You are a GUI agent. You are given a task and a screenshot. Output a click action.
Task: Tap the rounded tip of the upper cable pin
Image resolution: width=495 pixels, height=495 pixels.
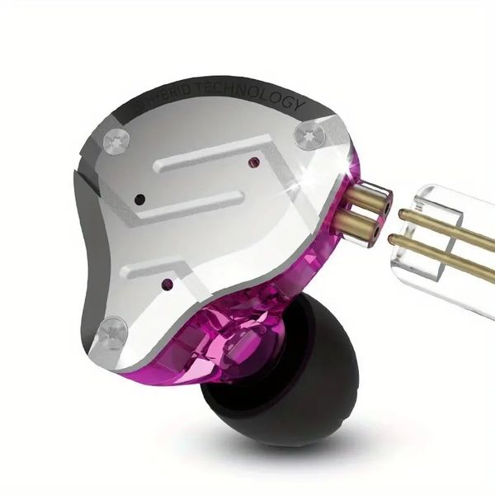pos(404,214)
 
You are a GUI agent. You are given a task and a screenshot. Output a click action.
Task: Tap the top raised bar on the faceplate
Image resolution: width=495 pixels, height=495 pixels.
pos(214,157)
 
